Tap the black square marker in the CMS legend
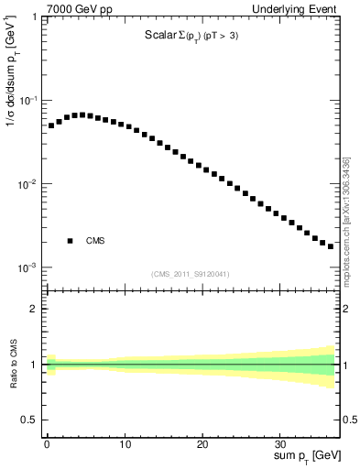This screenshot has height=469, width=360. point(70,241)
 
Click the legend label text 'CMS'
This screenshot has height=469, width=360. point(95,241)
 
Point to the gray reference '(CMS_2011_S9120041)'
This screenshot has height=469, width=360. point(191,274)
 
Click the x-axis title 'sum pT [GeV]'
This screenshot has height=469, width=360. point(303,455)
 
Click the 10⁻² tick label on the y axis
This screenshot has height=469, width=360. point(28,184)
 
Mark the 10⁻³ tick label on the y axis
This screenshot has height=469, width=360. point(28,268)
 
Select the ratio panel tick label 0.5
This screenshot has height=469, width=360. point(30,420)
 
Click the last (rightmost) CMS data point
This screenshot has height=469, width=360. point(331,245)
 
